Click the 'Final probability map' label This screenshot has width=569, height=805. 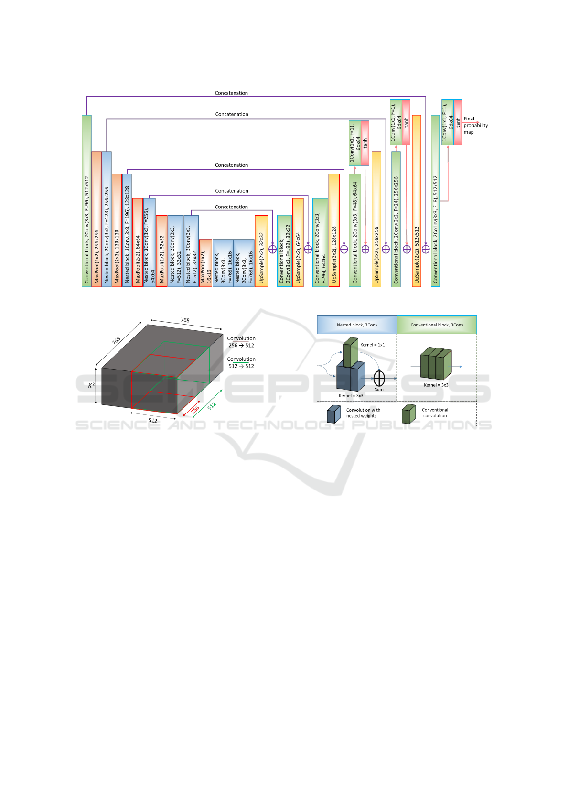pyautogui.click(x=475, y=126)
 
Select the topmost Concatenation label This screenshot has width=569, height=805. pyautogui.click(x=231, y=93)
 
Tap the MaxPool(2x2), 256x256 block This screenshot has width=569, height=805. pyautogui.click(x=97, y=219)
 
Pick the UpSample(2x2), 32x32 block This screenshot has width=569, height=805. pyautogui.click(x=261, y=251)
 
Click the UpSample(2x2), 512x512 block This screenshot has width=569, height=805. pyautogui.click(x=417, y=201)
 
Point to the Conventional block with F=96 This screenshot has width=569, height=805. pyautogui.click(x=86, y=201)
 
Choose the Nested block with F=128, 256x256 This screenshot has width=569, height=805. pyautogui.click(x=107, y=219)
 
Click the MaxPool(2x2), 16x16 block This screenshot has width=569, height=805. pyautogui.click(x=205, y=263)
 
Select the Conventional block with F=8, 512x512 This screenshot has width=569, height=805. pyautogui.click(x=435, y=201)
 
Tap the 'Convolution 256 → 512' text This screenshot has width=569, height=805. pyautogui.click(x=241, y=342)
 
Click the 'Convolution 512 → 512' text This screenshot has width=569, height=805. pyautogui.click(x=241, y=363)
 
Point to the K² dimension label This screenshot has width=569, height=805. pyautogui.click(x=91, y=385)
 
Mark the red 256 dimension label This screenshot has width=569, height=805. pyautogui.click(x=195, y=410)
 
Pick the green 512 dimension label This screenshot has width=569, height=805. pyautogui.click(x=212, y=406)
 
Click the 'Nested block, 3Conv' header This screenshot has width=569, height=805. pyautogui.click(x=357, y=325)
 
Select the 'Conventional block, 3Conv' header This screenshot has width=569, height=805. pyautogui.click(x=437, y=325)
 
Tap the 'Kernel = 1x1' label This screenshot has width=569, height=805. pyautogui.click(x=372, y=345)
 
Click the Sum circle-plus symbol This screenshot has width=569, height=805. pyautogui.click(x=379, y=379)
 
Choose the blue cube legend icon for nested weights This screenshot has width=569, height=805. pyautogui.click(x=333, y=414)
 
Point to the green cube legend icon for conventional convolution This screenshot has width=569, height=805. pyautogui.click(x=408, y=414)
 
